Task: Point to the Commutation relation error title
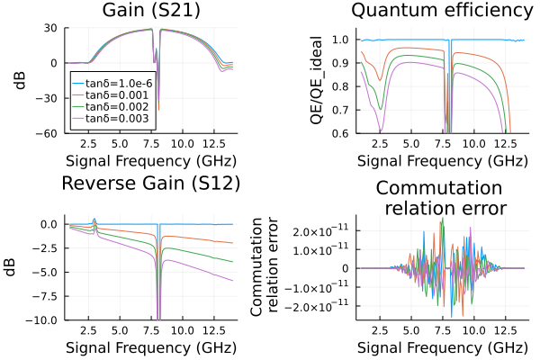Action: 440,198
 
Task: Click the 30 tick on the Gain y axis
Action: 49,28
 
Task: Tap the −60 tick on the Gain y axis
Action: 46,133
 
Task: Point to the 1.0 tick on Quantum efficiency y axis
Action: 339,40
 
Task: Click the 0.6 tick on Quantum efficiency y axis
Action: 339,133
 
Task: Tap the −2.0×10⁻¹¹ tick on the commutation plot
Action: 316,306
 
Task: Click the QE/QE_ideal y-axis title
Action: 314,81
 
